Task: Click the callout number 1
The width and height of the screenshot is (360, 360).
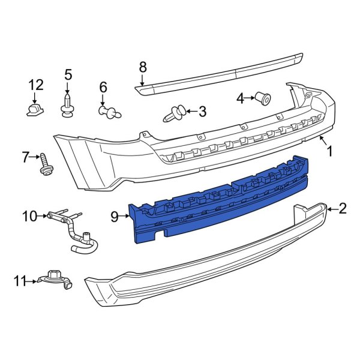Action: point(330,151)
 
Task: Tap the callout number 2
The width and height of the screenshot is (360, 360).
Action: point(343,208)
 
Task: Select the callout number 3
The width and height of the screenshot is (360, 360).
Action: point(202,111)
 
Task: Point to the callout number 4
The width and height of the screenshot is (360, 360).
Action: point(240,98)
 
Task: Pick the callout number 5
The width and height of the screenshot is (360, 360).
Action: point(68,75)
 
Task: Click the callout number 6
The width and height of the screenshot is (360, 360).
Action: point(103,86)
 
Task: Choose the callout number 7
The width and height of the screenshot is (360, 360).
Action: point(26,158)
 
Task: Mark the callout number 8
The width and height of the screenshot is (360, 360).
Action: point(142,67)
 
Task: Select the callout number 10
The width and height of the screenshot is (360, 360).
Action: point(29,215)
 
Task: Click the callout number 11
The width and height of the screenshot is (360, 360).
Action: point(20,280)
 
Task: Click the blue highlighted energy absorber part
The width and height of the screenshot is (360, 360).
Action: point(222,198)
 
